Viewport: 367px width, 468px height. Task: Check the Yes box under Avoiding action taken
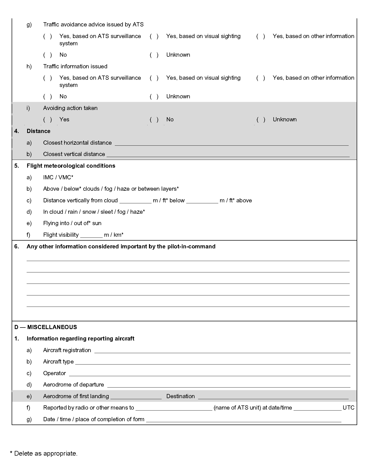(48, 120)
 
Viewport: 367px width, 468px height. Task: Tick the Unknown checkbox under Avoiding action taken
(261, 120)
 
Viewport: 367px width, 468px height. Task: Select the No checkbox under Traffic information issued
(48, 96)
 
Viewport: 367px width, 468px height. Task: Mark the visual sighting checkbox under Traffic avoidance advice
(154, 36)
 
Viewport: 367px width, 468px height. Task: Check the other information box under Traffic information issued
(261, 78)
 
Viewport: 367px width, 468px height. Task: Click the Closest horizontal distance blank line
(231, 144)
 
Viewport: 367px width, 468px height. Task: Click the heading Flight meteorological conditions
(71, 166)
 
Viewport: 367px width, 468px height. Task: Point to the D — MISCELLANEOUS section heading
(46, 327)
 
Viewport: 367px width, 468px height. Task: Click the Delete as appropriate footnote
(44, 454)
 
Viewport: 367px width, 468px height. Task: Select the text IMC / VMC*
(58, 177)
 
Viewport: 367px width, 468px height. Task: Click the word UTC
(348, 408)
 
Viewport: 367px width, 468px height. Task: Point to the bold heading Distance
(39, 131)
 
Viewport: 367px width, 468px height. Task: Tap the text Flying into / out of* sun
(72, 223)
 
